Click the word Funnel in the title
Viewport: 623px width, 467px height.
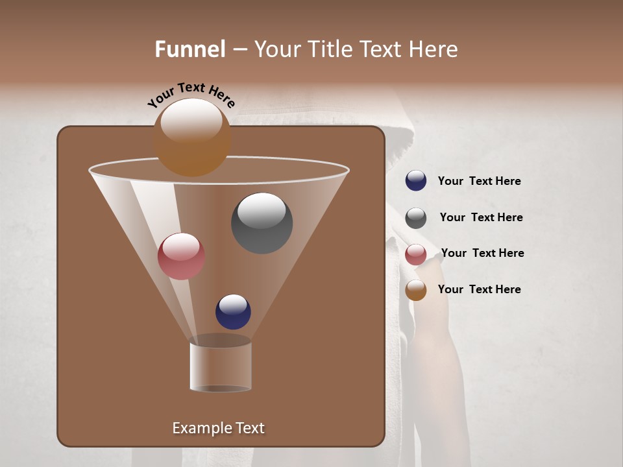(x=189, y=49)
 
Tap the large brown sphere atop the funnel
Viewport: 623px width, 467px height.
(x=192, y=138)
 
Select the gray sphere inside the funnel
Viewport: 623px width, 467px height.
(x=262, y=223)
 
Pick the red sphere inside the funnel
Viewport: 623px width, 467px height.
(x=181, y=256)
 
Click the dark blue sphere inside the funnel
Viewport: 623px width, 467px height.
(x=233, y=312)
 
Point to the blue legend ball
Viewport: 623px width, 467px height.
(x=416, y=181)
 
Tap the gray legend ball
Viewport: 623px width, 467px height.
(x=416, y=218)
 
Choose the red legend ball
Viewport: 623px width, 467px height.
(x=416, y=254)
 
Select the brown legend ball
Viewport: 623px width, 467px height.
(x=416, y=290)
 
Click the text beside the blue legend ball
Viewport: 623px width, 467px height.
(x=479, y=182)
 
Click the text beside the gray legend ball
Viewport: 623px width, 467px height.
(x=481, y=218)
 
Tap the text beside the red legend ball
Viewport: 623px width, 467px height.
(x=482, y=254)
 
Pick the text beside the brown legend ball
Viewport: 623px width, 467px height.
(x=479, y=290)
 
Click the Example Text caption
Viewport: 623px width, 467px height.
(x=219, y=428)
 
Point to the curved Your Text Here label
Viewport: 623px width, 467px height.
(x=191, y=95)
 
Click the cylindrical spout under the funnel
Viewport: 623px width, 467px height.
(x=220, y=366)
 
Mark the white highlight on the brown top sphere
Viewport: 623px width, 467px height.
(x=191, y=120)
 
